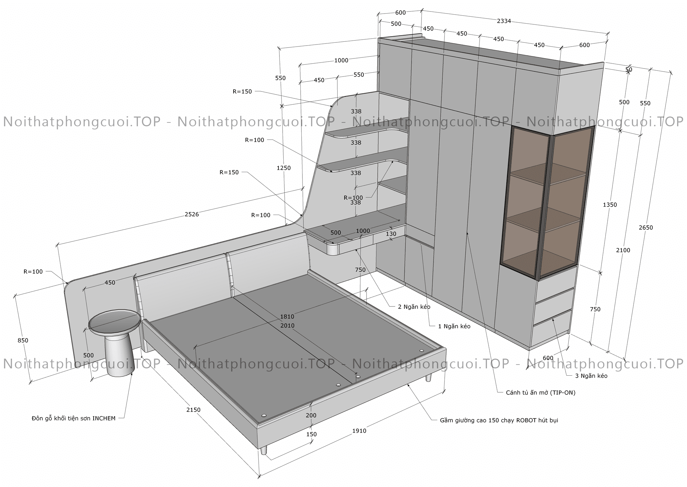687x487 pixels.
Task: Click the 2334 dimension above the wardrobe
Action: (504, 21)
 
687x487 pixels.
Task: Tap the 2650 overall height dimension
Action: (646, 227)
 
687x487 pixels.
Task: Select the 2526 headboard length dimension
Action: (192, 214)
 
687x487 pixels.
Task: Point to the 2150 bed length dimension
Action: (193, 410)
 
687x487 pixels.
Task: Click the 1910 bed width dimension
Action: (359, 431)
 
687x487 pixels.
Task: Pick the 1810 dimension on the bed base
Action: (287, 317)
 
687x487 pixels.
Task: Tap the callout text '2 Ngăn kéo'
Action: (414, 307)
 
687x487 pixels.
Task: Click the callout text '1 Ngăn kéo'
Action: (454, 326)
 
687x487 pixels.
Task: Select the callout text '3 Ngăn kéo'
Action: (591, 376)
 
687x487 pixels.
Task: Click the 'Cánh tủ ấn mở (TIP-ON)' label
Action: (540, 393)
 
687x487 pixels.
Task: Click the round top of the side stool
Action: (114, 320)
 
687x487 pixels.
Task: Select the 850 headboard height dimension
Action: (23, 341)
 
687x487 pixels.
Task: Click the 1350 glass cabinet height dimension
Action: (610, 205)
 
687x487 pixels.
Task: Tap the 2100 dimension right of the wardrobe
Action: (623, 250)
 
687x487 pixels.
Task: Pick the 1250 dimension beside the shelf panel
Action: (284, 168)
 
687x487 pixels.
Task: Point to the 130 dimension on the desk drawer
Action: (391, 234)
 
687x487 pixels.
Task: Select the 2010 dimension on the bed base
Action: (287, 326)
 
